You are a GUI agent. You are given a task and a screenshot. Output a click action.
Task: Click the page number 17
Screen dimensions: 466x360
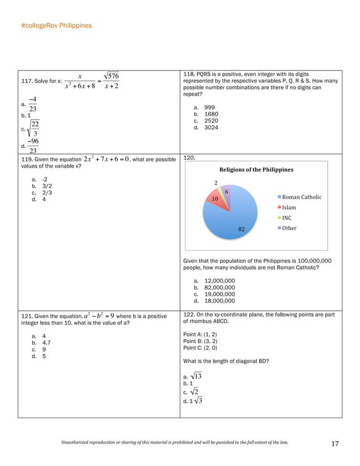pos(335,444)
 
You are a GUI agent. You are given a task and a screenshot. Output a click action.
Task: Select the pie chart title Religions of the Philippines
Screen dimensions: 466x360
pos(256,169)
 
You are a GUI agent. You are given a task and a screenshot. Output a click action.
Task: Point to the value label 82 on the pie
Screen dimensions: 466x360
pos(241,229)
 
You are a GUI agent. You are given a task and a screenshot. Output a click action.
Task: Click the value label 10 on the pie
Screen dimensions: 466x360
pos(215,199)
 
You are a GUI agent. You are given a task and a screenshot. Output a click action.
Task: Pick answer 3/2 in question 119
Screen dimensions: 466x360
pos(47,185)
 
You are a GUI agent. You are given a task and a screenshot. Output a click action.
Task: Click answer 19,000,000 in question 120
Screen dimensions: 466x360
pos(219,294)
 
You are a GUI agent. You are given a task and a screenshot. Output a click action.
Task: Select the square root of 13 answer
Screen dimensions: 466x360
pos(196,376)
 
